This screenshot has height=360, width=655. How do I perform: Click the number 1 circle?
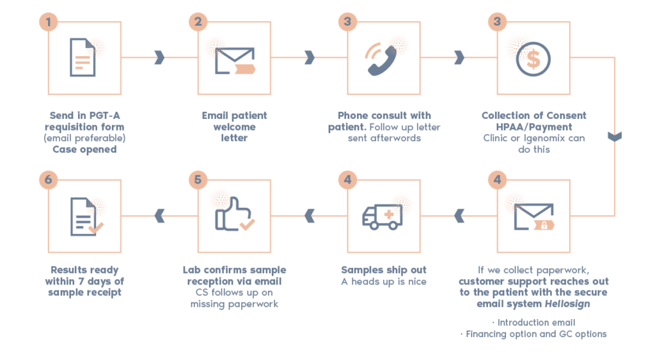(x=49, y=22)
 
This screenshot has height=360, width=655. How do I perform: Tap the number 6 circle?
(x=49, y=180)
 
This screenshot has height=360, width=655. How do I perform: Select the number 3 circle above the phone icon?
(x=347, y=22)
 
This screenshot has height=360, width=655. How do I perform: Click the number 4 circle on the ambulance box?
(x=347, y=180)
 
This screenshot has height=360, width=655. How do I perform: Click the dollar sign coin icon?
(x=533, y=59)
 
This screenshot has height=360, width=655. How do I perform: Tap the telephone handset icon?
(x=382, y=60)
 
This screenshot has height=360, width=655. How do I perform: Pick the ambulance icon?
(x=383, y=217)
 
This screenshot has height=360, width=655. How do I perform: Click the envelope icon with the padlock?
(x=534, y=217)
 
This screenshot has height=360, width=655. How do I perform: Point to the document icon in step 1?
(x=83, y=58)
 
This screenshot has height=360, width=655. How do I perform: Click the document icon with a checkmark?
(x=86, y=216)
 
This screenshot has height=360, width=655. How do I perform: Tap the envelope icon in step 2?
(x=235, y=61)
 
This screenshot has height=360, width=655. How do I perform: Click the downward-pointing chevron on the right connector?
(x=615, y=137)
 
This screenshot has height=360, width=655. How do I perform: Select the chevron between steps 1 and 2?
(x=159, y=58)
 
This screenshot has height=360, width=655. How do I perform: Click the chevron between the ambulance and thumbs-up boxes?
(x=310, y=216)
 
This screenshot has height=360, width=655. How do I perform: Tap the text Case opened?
(x=84, y=150)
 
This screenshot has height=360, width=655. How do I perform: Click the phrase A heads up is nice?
(x=384, y=281)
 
